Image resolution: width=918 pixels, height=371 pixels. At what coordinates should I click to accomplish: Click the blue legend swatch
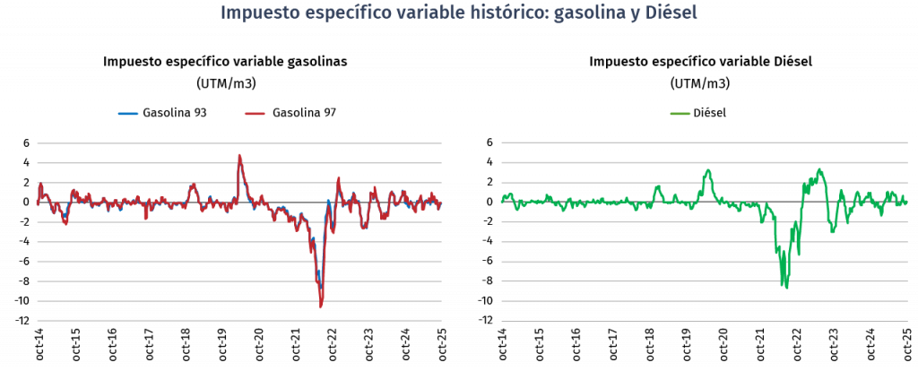pos(128,114)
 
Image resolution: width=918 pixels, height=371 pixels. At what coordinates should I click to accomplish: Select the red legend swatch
pos(255,114)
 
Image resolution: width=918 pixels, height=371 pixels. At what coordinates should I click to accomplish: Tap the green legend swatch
pos(680,114)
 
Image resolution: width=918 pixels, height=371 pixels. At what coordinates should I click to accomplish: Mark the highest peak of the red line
pos(239,154)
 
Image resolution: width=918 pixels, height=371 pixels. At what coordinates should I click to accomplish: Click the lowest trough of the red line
pos(321,307)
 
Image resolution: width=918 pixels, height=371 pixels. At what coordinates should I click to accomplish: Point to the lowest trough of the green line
pos(786,288)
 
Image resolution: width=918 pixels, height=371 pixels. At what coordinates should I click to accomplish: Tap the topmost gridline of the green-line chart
pos(705,143)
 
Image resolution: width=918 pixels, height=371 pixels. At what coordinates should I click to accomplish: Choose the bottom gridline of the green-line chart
pos(705,320)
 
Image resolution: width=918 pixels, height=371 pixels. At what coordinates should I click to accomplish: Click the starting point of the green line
pos(501,201)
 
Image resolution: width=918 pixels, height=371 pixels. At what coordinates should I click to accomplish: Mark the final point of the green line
pos(907,202)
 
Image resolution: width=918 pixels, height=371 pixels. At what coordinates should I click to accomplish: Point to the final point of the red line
pos(441,205)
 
